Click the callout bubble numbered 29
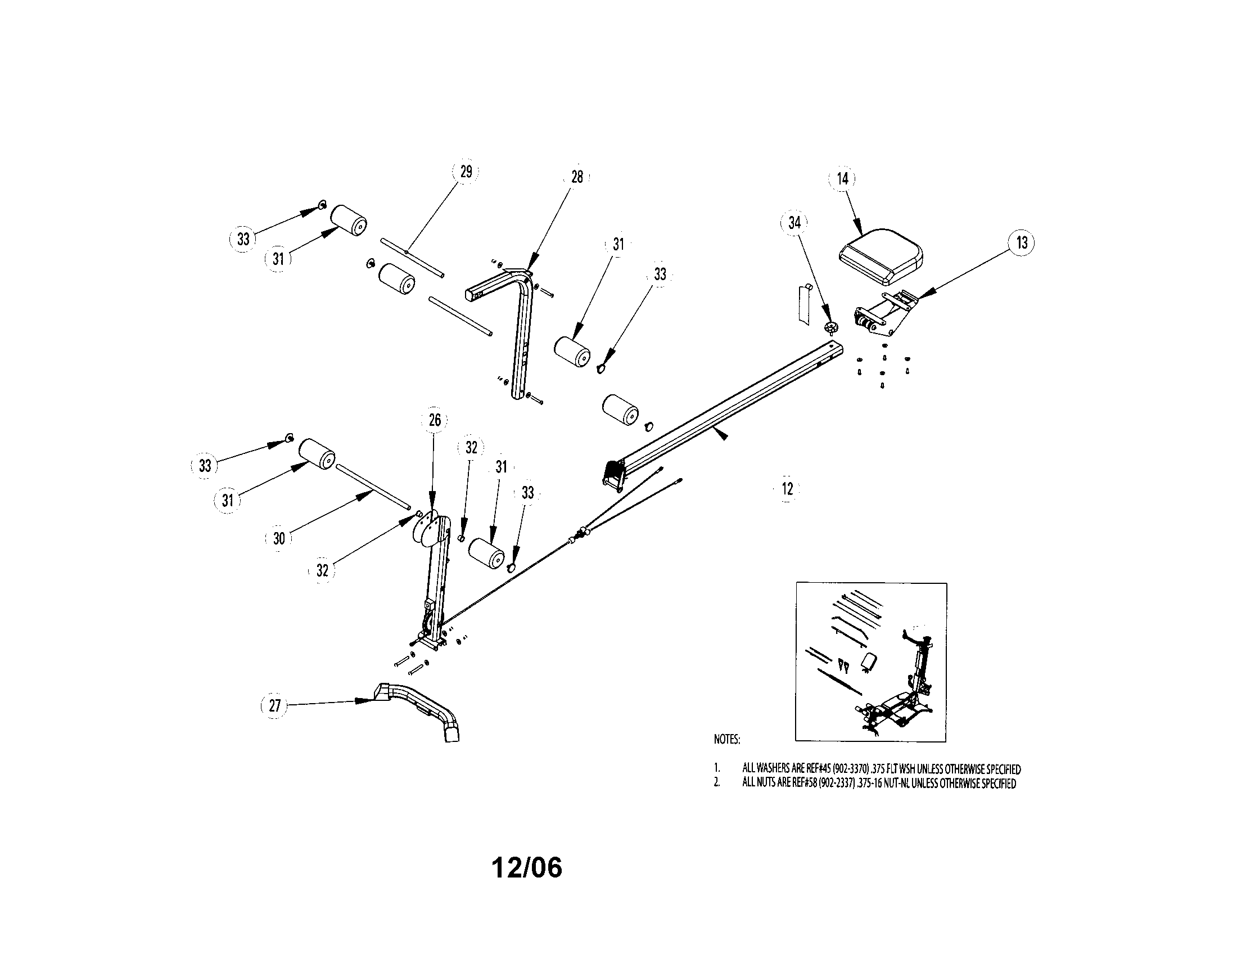466,172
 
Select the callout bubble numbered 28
576,177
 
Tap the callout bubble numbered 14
842,178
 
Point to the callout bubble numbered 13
1022,242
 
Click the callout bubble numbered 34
794,222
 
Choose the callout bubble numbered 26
434,420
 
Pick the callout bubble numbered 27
274,706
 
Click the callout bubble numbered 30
279,538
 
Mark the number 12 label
787,488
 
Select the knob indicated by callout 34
831,327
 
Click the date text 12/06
527,867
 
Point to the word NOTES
726,739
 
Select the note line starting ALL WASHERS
881,769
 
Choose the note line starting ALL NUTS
878,784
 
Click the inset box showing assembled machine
870,661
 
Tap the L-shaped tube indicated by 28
521,328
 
